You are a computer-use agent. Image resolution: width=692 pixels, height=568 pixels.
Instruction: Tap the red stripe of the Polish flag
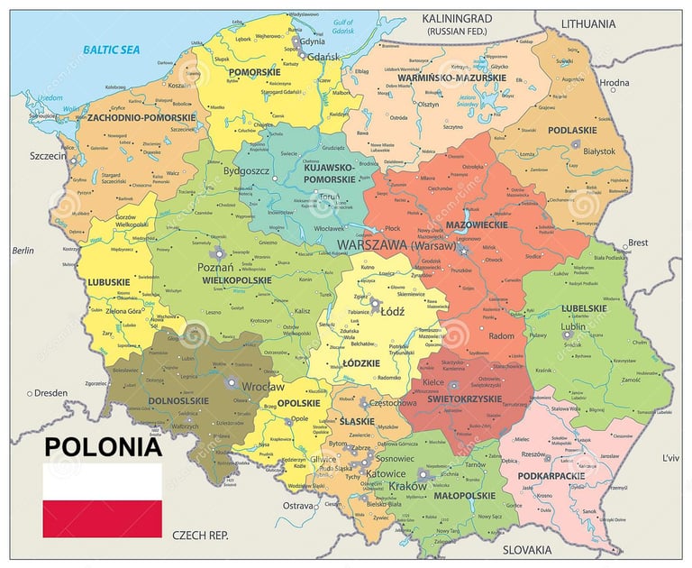(x=102, y=518)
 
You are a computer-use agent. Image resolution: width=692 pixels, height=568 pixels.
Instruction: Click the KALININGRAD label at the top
(x=457, y=18)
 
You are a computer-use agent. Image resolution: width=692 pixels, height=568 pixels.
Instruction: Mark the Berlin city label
(x=23, y=251)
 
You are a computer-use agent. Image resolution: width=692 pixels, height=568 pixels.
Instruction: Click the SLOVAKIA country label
(x=527, y=549)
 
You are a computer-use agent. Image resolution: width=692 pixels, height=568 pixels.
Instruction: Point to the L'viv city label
(x=670, y=458)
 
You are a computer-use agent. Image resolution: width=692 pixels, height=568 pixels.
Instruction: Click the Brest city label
(x=638, y=243)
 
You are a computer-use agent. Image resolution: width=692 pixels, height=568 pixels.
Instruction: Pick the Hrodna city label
(x=615, y=83)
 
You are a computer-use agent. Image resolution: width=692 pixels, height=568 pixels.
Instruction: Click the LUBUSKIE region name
(x=110, y=281)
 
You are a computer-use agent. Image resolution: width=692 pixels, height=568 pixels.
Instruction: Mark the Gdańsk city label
(x=322, y=57)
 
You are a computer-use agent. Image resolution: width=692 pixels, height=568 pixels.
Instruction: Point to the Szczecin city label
(x=48, y=156)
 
